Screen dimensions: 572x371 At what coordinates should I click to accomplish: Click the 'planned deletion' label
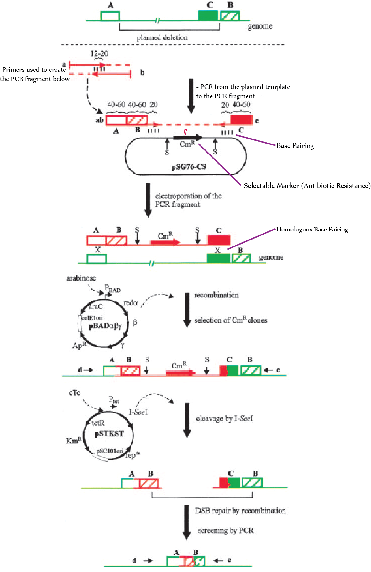tap(162, 38)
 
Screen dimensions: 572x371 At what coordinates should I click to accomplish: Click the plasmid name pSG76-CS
tap(189, 167)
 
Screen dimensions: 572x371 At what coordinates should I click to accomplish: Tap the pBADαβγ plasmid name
tap(105, 326)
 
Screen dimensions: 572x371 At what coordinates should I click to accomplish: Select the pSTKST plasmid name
tap(109, 434)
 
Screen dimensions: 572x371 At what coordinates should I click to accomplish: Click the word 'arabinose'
tap(81, 278)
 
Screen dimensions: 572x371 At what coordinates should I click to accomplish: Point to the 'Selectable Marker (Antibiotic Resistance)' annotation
tap(307, 186)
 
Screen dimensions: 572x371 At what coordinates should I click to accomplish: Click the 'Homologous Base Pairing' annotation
tap(312, 230)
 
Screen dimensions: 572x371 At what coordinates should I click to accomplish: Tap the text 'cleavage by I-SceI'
tap(224, 418)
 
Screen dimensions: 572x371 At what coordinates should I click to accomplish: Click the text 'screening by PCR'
tap(226, 530)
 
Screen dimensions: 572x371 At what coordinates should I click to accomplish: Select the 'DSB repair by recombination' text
tap(240, 511)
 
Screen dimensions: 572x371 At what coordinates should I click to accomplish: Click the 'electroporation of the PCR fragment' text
tap(188, 200)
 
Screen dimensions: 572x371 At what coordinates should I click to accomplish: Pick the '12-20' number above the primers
tap(99, 53)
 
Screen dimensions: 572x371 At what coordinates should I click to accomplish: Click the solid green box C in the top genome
tap(208, 16)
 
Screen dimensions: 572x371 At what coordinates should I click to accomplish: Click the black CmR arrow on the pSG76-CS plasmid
tap(188, 138)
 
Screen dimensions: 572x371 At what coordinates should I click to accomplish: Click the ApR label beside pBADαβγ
tap(79, 346)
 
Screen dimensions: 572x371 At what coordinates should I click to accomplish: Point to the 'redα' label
tap(131, 303)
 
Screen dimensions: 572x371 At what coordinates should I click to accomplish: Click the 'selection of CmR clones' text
tap(230, 320)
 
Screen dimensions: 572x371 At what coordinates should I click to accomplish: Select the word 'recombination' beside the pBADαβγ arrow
tap(216, 295)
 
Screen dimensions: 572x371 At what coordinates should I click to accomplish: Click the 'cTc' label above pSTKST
tap(75, 393)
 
